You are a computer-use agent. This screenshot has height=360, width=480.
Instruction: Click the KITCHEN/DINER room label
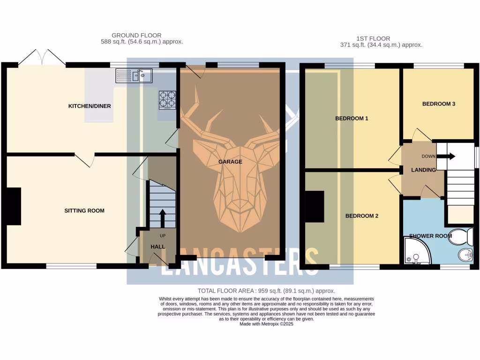pos(90,106)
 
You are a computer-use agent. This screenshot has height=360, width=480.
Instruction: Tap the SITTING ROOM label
pos(84,210)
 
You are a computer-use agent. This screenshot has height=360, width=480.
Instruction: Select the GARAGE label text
pos(230,162)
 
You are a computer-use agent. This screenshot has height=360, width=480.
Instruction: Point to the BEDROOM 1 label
pos(352,119)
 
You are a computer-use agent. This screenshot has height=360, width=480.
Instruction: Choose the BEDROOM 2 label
pos(361,216)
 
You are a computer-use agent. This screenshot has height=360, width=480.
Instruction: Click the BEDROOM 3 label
pos(438,104)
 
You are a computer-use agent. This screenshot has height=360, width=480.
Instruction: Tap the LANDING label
pos(424,170)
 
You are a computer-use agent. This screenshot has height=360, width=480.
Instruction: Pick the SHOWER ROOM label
pos(430,236)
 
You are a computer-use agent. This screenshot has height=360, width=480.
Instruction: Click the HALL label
pos(158,247)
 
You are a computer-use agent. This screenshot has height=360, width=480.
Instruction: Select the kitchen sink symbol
pos(134,75)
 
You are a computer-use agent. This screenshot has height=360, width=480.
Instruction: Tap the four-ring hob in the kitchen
pos(168,100)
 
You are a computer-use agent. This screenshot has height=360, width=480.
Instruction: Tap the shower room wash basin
pos(464,255)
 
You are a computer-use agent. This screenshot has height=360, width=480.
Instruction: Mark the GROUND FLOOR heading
pos(136,35)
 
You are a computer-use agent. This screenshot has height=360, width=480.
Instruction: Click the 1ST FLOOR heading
pos(373,38)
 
